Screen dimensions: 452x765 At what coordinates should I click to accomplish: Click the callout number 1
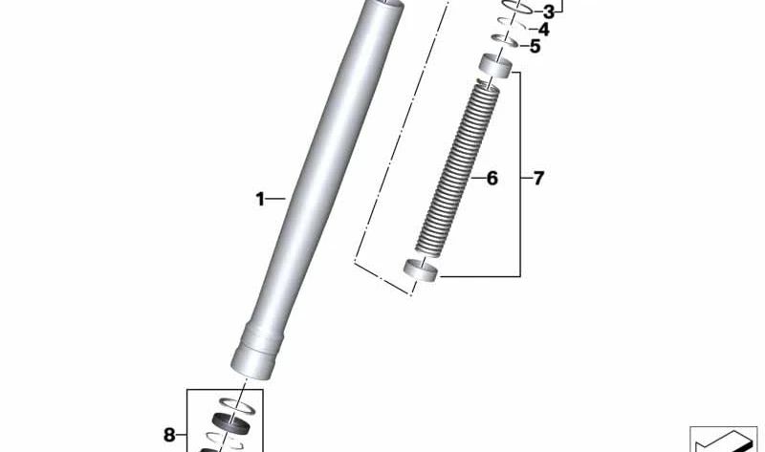pyautogui.click(x=259, y=199)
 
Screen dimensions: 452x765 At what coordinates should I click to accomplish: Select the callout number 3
pyautogui.click(x=548, y=12)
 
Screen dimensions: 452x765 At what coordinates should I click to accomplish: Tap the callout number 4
pyautogui.click(x=543, y=30)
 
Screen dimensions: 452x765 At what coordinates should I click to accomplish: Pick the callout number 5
pyautogui.click(x=535, y=46)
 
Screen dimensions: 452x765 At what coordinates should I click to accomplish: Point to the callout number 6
pyautogui.click(x=492, y=178)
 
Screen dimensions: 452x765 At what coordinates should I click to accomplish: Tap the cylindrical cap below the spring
pyautogui.click(x=419, y=270)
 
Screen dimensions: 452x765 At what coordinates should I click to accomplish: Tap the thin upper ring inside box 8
pyautogui.click(x=236, y=405)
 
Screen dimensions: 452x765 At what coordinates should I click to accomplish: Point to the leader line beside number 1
pyautogui.click(x=275, y=199)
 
